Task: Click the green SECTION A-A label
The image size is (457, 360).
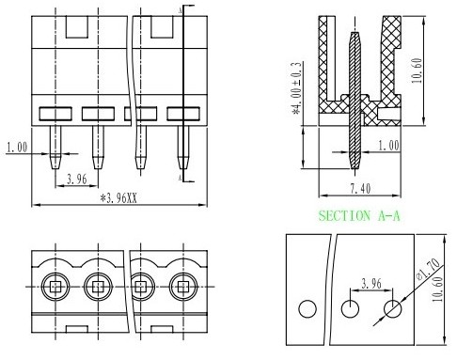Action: pyautogui.click(x=359, y=216)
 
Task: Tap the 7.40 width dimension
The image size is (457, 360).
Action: pyautogui.click(x=360, y=189)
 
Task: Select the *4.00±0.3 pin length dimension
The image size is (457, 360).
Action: pyautogui.click(x=296, y=88)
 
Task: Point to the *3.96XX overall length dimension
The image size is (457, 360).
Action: pyautogui.click(x=118, y=198)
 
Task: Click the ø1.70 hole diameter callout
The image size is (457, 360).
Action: pyautogui.click(x=428, y=269)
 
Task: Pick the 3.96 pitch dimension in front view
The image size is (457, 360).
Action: pyautogui.click(x=77, y=179)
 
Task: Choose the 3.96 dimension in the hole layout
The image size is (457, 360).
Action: pyautogui.click(x=371, y=283)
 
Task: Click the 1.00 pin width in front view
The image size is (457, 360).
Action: pyautogui.click(x=17, y=147)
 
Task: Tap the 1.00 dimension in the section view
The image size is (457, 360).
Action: pyautogui.click(x=388, y=146)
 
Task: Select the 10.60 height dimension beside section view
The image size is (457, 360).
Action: pyautogui.click(x=417, y=70)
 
